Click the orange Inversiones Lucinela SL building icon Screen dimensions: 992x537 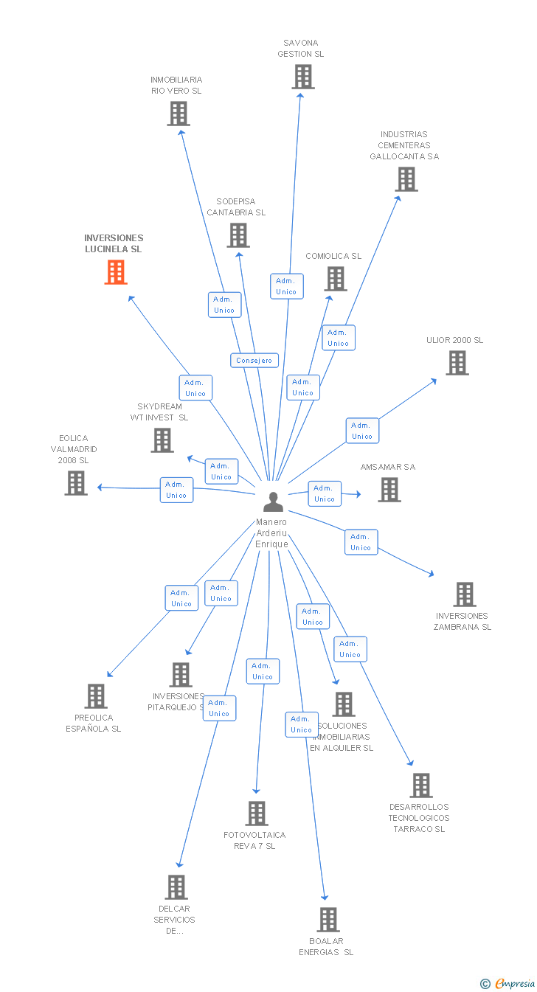pos(115,272)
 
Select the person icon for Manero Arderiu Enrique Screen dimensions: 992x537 pos(273,502)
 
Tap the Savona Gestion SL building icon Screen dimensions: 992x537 pos(302,77)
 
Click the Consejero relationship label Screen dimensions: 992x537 pos(254,361)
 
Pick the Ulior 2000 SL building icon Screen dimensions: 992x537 pos(457,363)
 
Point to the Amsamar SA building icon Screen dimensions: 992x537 pos(389,490)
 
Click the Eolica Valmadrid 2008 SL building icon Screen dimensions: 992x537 pos(76,483)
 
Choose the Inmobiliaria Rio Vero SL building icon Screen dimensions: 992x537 pos(178,114)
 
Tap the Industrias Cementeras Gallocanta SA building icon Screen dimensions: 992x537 pos(406,179)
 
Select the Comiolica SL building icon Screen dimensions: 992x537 pos(336,279)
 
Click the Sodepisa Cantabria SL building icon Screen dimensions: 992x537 pos(238,235)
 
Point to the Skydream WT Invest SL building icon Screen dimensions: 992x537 pos(162,440)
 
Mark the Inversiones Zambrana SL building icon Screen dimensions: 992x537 pos(464,594)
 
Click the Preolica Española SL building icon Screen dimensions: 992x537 pos(96,696)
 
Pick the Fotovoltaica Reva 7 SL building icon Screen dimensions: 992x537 pos(256,814)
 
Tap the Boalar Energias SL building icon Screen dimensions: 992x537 pos(328,920)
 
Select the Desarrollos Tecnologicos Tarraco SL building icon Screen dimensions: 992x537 pos(421,785)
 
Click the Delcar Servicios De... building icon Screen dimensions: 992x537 pos(176,887)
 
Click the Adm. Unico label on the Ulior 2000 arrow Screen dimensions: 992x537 pos(362,431)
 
